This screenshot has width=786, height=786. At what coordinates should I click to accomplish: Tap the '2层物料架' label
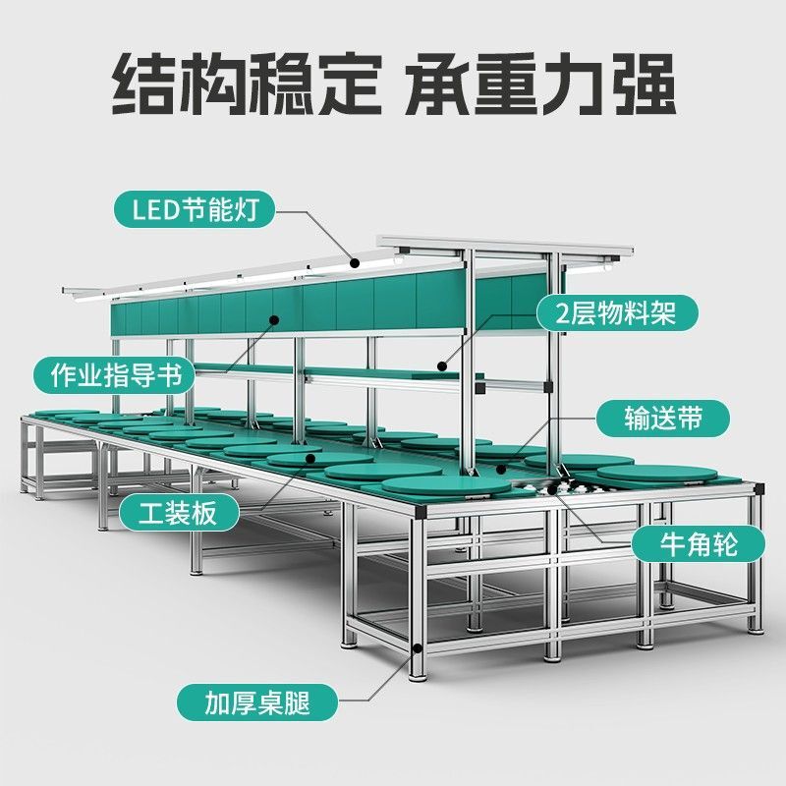coord(618,312)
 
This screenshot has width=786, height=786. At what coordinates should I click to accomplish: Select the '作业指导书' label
coord(109,374)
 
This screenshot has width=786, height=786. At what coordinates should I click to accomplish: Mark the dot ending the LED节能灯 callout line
coord(354,261)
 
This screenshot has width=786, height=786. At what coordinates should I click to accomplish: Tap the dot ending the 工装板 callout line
coord(310,457)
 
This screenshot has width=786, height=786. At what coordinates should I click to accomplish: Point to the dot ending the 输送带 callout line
coord(503,470)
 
